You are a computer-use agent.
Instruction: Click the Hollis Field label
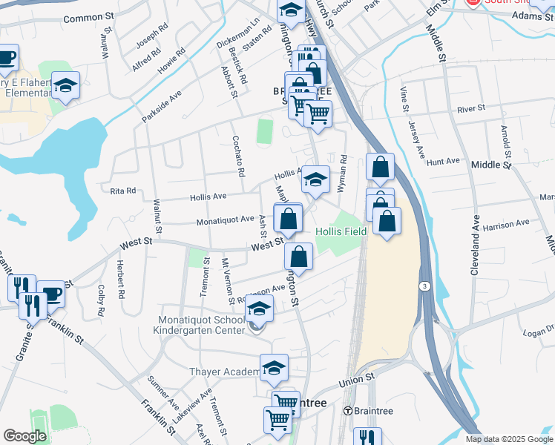(x=341, y=231)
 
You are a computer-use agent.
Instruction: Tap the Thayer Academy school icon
(x=274, y=367)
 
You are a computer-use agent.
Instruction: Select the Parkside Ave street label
(x=161, y=108)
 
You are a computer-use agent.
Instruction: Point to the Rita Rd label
(x=123, y=191)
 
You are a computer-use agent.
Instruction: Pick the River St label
(x=471, y=108)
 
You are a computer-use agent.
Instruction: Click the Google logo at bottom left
(x=24, y=436)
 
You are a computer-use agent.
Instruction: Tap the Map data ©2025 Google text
(x=508, y=439)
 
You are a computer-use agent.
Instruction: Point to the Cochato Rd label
(x=238, y=156)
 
